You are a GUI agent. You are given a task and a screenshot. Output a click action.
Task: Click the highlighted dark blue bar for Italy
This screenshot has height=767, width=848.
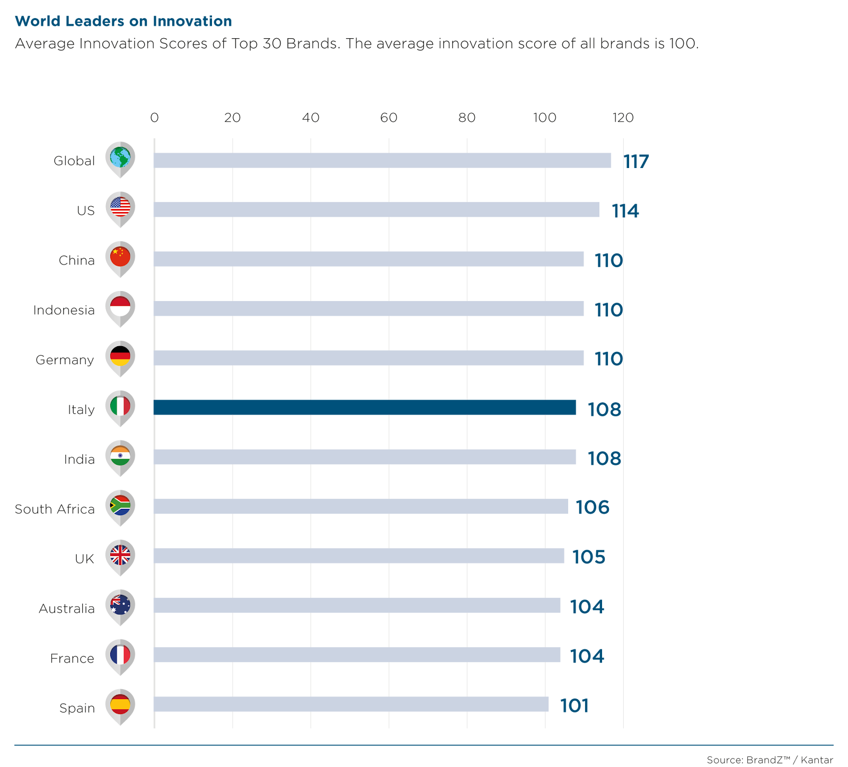[x=365, y=408]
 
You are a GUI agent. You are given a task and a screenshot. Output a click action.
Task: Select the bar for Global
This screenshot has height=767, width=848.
[x=382, y=161]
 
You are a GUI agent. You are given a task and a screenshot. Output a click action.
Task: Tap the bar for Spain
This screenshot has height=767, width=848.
[x=351, y=704]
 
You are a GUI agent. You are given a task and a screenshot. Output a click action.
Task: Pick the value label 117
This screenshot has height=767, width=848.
[x=636, y=161]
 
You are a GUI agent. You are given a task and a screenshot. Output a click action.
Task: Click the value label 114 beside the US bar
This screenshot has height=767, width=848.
[x=625, y=211]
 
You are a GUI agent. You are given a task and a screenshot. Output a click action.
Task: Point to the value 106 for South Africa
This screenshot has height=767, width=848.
[x=593, y=507]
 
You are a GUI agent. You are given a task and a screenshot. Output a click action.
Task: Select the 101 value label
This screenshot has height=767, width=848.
[x=575, y=706]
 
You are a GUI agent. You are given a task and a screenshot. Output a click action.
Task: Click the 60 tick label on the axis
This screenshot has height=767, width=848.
[x=388, y=118]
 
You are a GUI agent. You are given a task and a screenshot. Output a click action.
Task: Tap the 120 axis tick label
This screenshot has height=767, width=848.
[x=623, y=118]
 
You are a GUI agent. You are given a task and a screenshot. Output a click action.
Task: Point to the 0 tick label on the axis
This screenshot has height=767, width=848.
[x=154, y=118]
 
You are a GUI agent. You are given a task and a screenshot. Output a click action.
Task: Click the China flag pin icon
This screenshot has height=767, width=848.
[x=120, y=258]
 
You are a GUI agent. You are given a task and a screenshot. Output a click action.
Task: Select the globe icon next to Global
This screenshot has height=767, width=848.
[x=120, y=158]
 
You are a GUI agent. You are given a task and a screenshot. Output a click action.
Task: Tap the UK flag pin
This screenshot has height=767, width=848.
[x=120, y=556]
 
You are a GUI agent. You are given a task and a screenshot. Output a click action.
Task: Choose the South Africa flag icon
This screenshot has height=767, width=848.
[x=120, y=506]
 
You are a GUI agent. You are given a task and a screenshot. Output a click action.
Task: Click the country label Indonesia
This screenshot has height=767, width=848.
[x=64, y=310]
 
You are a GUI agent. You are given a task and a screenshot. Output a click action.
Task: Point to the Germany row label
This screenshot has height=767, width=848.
[x=65, y=360]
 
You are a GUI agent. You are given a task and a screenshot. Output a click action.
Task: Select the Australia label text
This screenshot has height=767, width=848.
[x=66, y=609]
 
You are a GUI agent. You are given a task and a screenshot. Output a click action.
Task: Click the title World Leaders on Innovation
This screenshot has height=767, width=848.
[x=123, y=21]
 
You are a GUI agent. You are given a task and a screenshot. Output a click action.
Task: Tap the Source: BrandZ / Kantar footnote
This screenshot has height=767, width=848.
[x=770, y=760]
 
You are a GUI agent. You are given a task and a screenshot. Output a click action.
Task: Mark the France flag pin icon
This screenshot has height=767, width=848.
[x=120, y=655]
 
